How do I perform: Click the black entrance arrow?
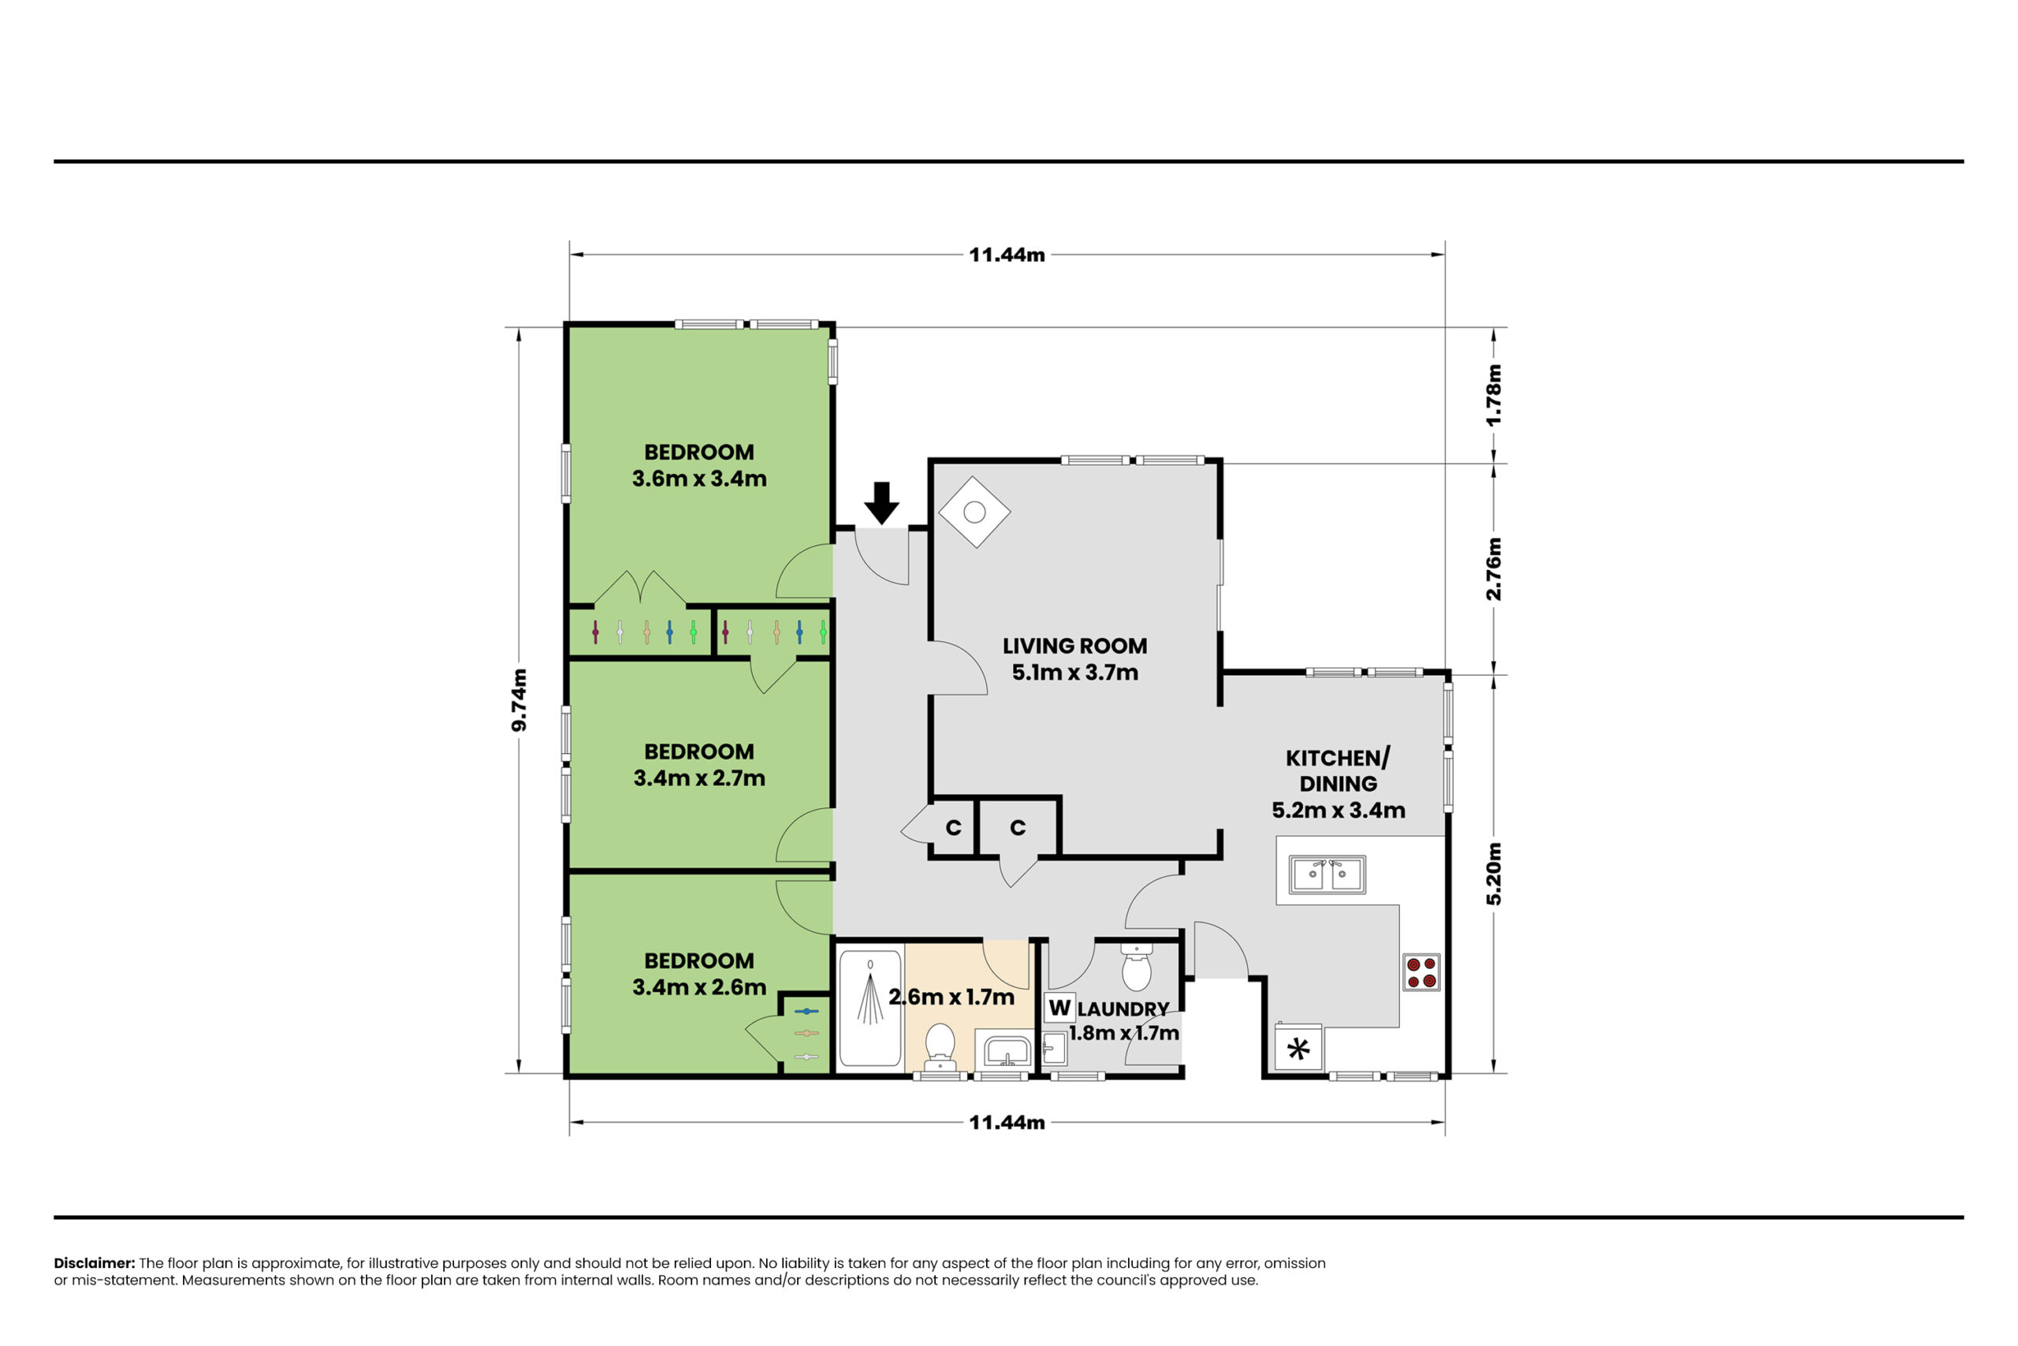point(881,502)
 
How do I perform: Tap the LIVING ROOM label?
point(1074,646)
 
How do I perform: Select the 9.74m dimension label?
point(519,699)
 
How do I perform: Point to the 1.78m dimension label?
point(1494,395)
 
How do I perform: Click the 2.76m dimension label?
point(1494,569)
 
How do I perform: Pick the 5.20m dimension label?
point(1494,874)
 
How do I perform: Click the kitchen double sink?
point(1327,874)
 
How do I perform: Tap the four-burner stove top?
point(1420,972)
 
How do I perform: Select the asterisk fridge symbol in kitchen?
point(1298,1048)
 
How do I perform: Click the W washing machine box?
point(1059,1007)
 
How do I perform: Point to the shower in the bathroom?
point(870,1007)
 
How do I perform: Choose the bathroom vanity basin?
point(1007,1049)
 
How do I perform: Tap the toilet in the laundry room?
point(1137,968)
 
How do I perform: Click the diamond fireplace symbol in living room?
point(974,512)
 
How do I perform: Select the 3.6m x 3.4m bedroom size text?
point(699,478)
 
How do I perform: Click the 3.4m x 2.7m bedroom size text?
point(699,777)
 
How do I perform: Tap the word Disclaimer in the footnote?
point(95,1262)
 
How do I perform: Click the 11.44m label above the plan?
point(1007,255)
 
